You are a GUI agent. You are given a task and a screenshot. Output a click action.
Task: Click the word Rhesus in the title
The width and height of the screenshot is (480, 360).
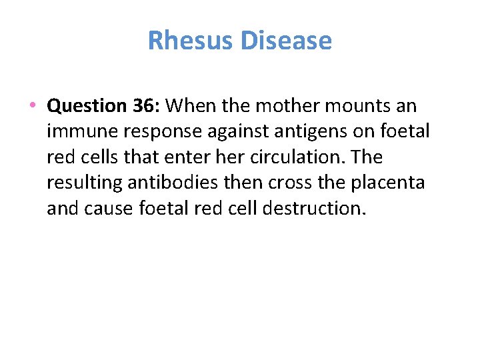click(x=190, y=41)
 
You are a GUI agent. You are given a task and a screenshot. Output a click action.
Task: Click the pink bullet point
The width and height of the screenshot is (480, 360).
click(x=32, y=106)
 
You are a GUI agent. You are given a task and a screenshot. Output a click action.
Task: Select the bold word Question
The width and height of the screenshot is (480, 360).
click(x=87, y=106)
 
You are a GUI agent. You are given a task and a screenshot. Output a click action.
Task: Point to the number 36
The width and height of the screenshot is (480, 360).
click(x=147, y=106)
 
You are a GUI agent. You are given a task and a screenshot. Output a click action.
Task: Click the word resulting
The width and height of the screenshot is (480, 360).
click(x=83, y=183)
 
